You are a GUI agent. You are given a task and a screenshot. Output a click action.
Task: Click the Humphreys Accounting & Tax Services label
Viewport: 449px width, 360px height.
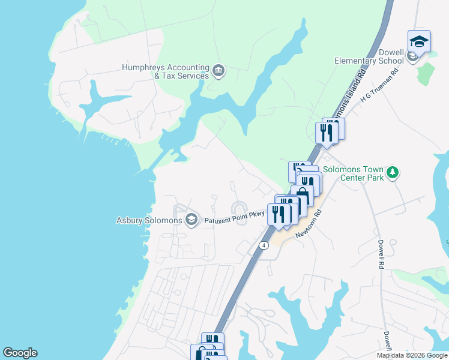click(x=165, y=71)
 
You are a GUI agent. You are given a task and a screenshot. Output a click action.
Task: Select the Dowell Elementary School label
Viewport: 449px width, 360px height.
click(x=369, y=56)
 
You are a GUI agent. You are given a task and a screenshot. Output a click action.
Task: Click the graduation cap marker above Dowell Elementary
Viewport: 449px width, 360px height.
click(x=419, y=41)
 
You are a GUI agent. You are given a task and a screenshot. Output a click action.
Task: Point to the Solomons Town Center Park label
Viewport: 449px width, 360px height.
click(x=354, y=173)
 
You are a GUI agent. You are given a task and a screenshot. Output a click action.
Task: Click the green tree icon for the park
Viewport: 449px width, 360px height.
click(x=393, y=173)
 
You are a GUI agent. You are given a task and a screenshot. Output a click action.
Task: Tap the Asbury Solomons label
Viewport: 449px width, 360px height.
click(x=149, y=220)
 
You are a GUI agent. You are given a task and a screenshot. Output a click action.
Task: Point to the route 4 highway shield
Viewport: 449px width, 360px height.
click(x=264, y=245)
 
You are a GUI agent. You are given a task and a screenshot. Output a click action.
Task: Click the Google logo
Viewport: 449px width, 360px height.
click(x=20, y=353)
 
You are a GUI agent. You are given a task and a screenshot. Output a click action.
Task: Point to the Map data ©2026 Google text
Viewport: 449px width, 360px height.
click(x=411, y=355)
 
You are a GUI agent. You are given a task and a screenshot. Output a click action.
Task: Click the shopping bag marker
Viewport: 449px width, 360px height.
click(x=302, y=196)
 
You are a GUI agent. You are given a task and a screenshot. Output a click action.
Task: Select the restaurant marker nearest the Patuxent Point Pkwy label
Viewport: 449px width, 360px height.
click(x=279, y=214)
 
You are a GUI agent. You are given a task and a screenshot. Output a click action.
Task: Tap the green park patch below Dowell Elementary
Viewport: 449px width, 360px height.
click(x=425, y=73)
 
